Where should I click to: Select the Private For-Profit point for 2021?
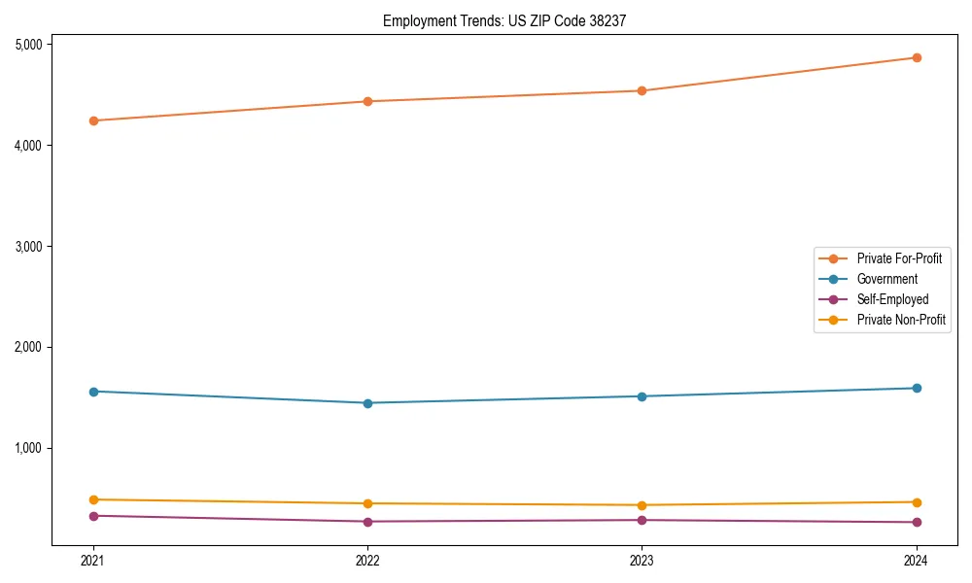tap(93, 120)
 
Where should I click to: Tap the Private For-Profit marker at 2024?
tap(916, 57)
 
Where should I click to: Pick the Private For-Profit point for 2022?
tap(367, 101)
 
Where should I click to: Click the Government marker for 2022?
tap(367, 403)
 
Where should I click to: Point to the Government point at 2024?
tap(916, 389)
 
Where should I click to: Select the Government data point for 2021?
tap(93, 392)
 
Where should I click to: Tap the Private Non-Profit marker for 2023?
tap(642, 505)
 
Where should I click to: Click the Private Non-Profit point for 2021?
tap(93, 499)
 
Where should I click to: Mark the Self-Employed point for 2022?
tap(367, 522)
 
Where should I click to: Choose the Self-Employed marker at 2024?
tap(916, 523)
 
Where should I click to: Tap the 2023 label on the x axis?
tap(642, 560)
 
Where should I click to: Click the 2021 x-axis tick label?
tap(93, 560)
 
